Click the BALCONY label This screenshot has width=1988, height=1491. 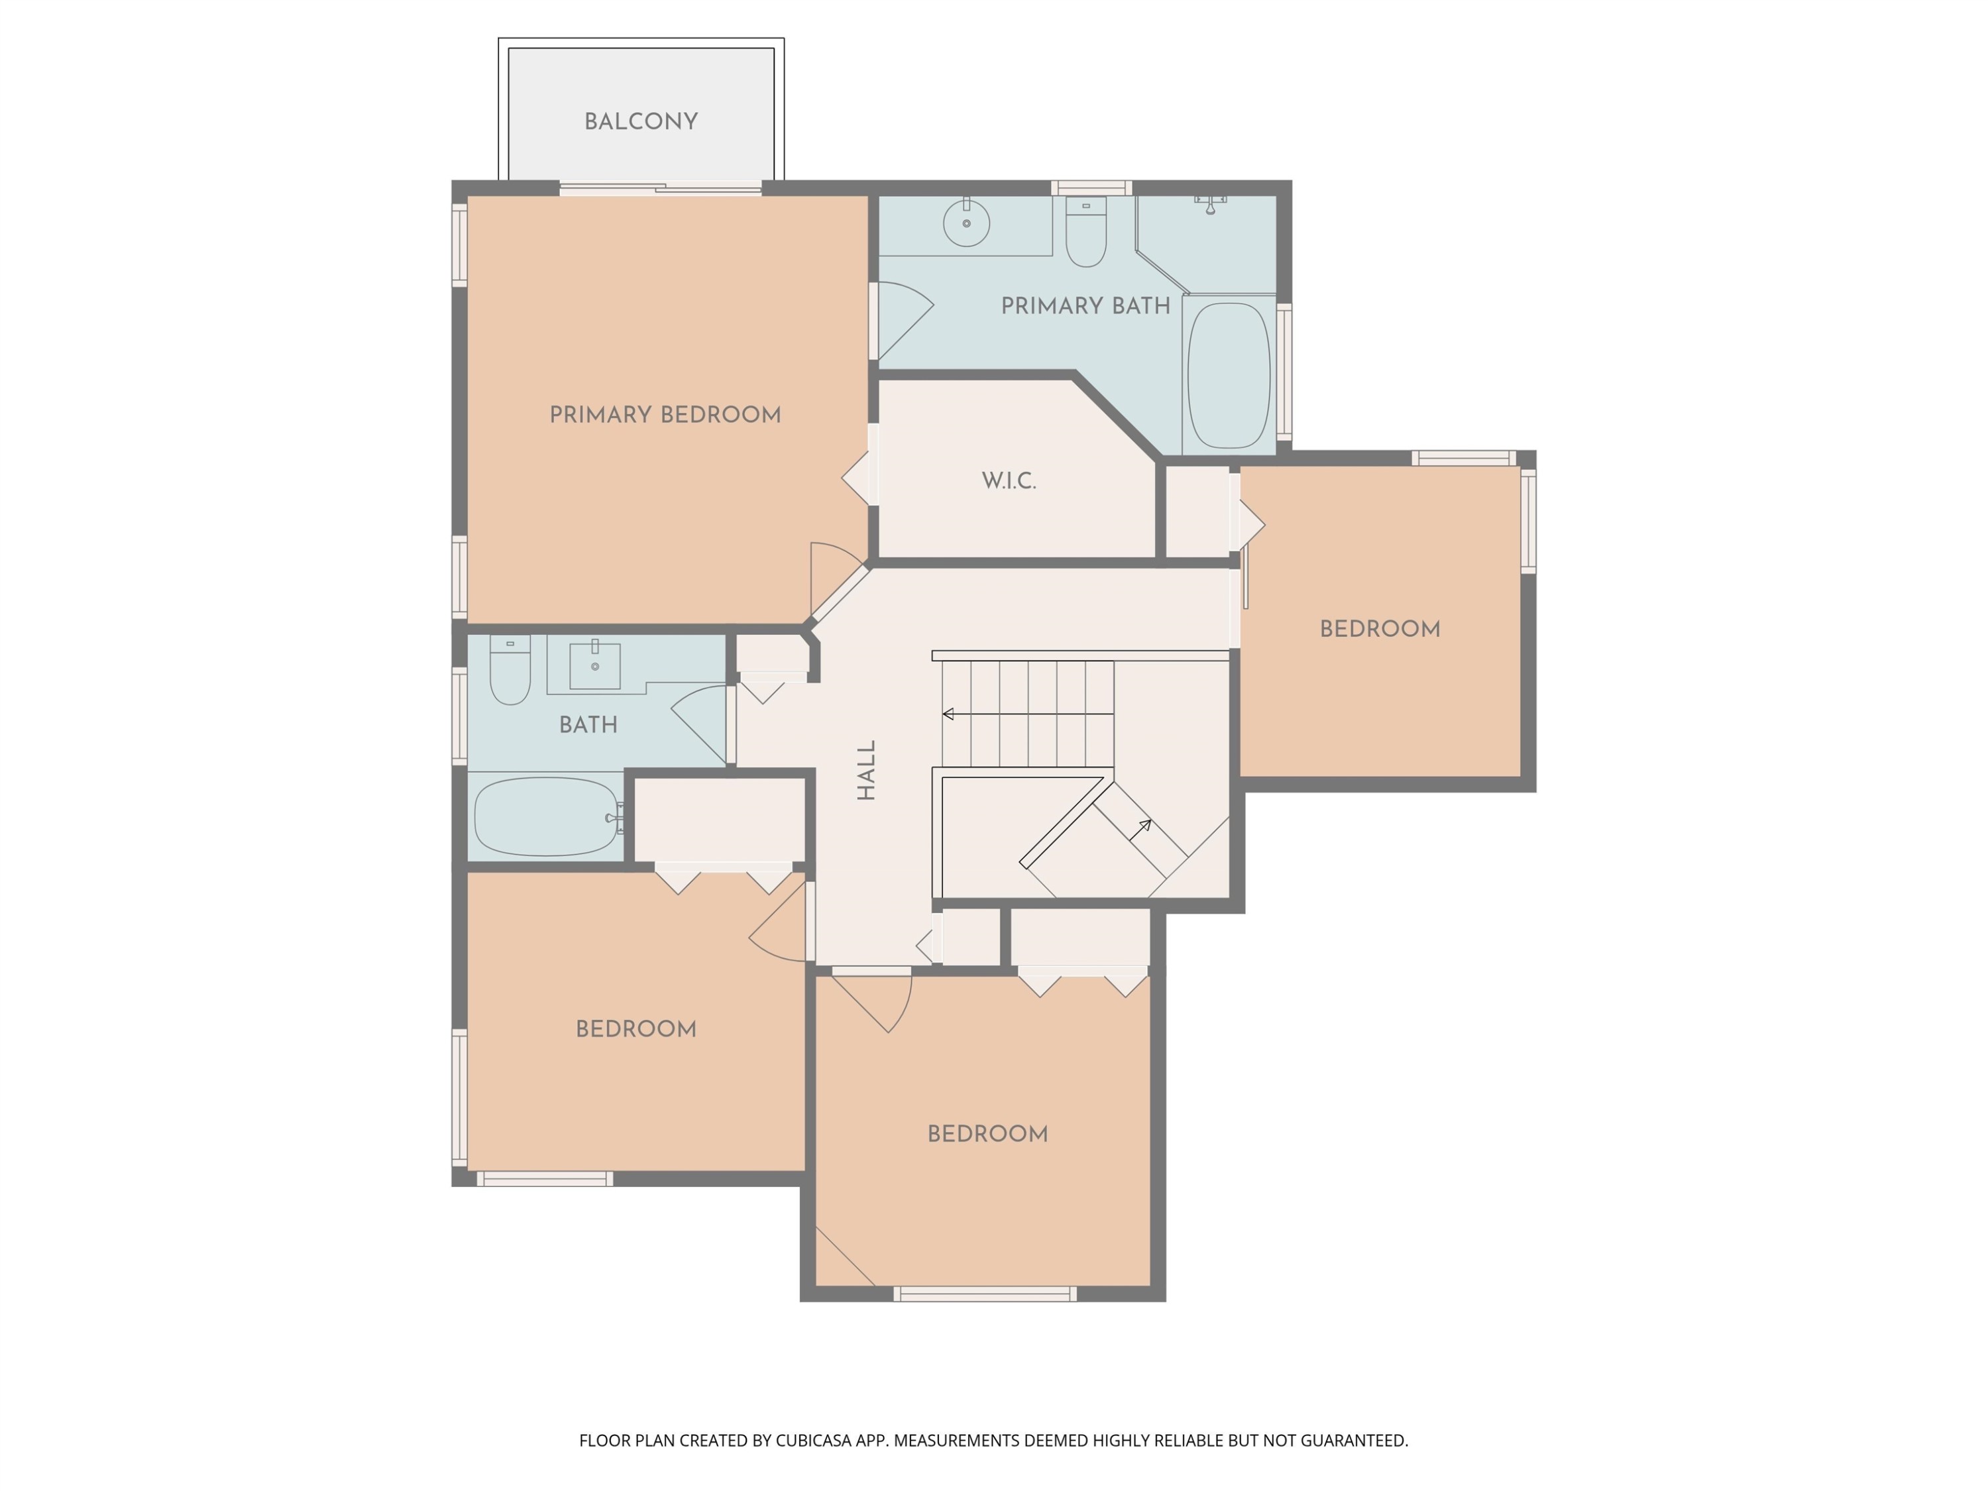pyautogui.click(x=641, y=121)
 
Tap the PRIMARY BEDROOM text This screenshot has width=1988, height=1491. pyautogui.click(x=665, y=414)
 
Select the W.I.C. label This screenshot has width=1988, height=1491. pyautogui.click(x=1009, y=481)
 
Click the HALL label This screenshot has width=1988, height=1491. pyautogui.click(x=866, y=770)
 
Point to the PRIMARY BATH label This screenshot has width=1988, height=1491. pyautogui.click(x=1085, y=305)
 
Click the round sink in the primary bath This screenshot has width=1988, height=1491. pyautogui.click(x=966, y=222)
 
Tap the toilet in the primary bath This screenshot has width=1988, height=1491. pyautogui.click(x=1085, y=232)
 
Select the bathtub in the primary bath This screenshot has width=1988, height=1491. pyautogui.click(x=1229, y=376)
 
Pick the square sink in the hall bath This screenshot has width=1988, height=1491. pyautogui.click(x=595, y=666)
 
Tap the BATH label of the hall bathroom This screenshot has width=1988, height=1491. pyautogui.click(x=588, y=724)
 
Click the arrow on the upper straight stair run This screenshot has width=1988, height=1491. pyautogui.click(x=1028, y=714)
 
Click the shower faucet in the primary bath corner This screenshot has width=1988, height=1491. pyautogui.click(x=1211, y=205)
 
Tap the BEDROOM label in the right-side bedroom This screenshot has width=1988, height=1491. pyautogui.click(x=1380, y=629)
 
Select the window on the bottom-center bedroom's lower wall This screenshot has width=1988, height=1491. pyautogui.click(x=985, y=1294)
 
